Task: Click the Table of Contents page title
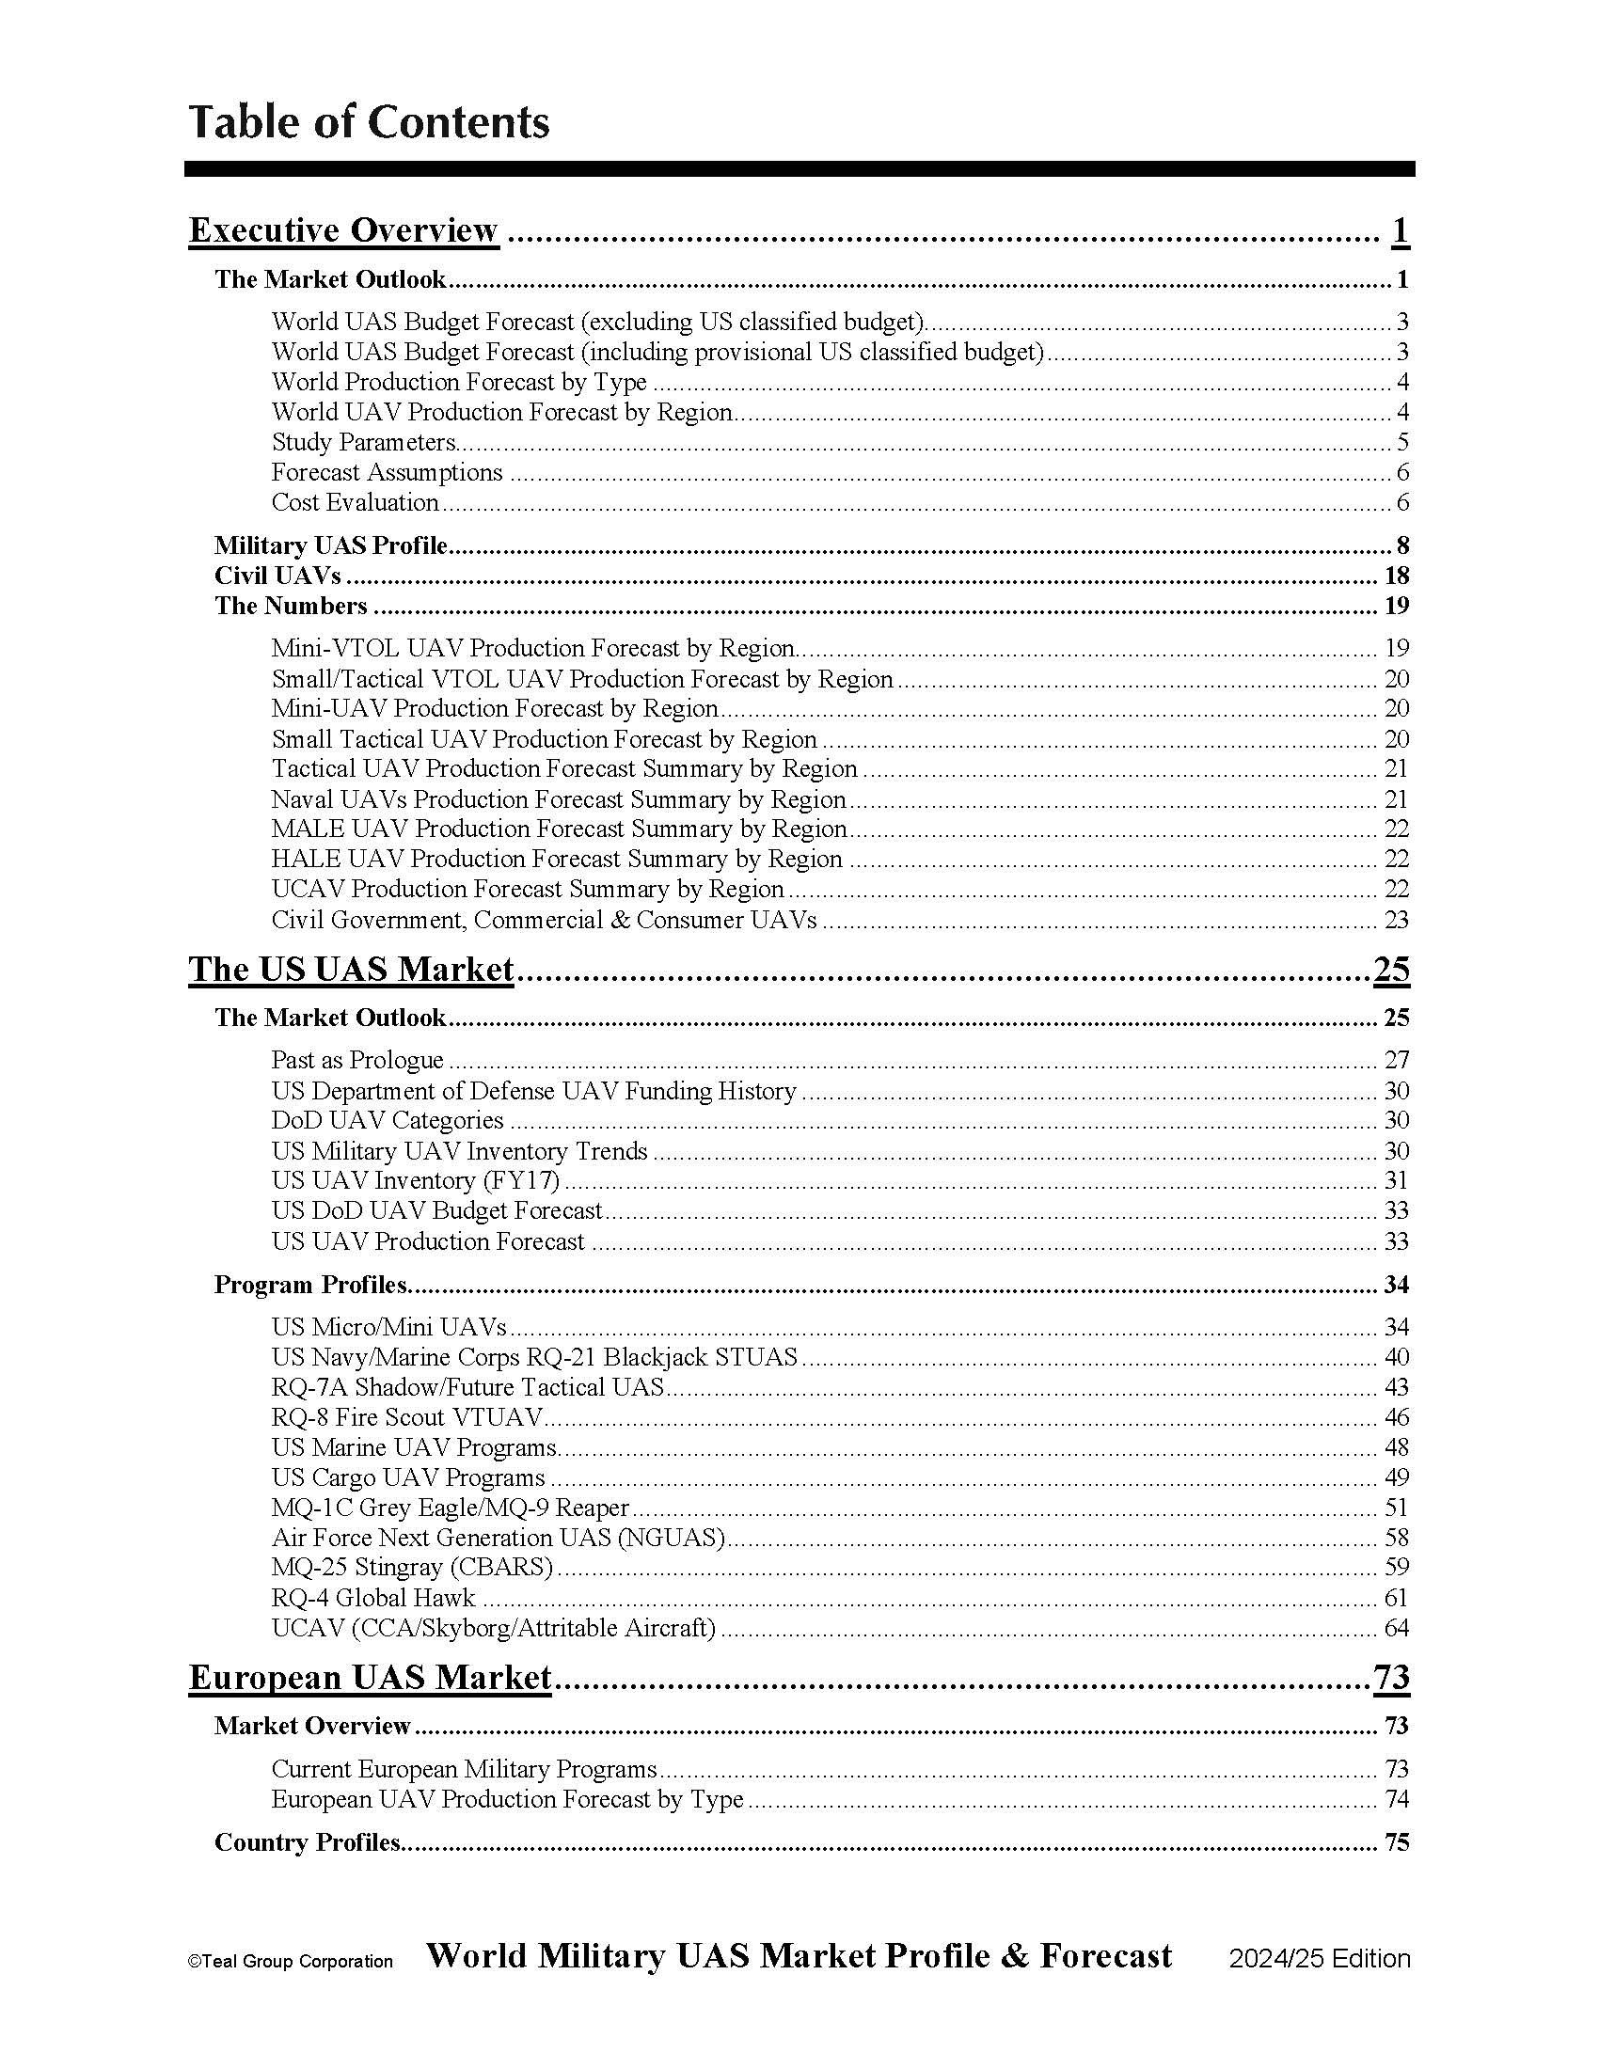369,122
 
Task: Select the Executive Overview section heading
343,230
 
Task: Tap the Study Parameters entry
364,442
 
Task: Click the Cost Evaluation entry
356,502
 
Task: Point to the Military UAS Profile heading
330,545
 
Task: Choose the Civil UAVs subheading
277,576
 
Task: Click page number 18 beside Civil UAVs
1396,576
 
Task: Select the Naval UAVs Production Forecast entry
559,799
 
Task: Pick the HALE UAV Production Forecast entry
557,860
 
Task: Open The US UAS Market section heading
352,969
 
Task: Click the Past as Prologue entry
357,1060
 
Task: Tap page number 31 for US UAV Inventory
1396,1180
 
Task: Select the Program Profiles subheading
310,1285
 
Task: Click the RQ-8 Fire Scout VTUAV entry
407,1417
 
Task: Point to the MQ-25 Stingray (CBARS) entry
412,1567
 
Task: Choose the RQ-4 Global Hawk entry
373,1598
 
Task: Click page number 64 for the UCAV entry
1396,1629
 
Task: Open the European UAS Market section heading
371,1678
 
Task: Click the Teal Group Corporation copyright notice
291,1962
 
